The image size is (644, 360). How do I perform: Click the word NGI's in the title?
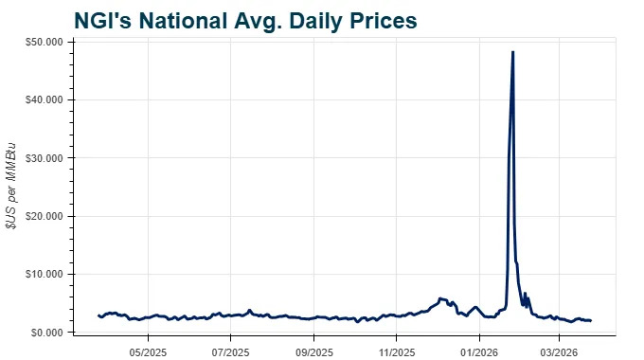pos(105,20)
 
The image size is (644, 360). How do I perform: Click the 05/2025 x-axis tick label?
pos(148,351)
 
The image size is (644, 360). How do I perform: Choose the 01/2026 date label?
pos(478,351)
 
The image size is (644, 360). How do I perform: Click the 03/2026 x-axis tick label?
pos(558,351)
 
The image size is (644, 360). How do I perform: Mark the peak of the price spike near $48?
pos(512,52)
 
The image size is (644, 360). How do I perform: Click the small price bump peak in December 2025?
pos(440,297)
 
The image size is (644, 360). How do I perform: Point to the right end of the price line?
pos(591,320)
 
